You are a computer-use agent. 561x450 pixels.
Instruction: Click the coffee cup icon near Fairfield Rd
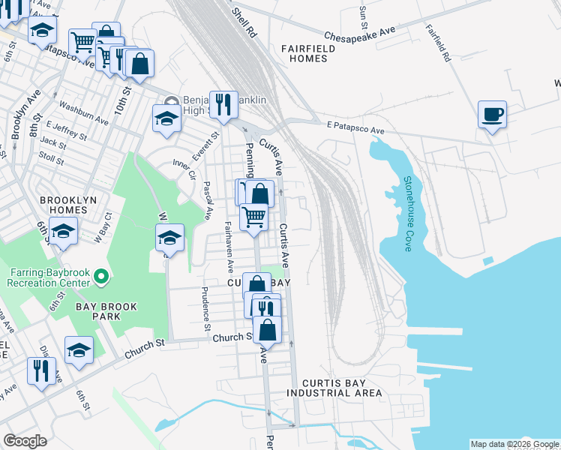pos(492,115)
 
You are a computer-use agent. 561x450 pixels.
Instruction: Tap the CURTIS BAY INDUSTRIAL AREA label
pos(334,388)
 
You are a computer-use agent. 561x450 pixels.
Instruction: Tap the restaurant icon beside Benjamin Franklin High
pos(223,105)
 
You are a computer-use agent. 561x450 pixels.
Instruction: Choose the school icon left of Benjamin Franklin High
pos(166,118)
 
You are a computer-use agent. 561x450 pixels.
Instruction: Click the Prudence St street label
pos(205,308)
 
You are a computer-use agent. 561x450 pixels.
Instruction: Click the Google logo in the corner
pos(25,441)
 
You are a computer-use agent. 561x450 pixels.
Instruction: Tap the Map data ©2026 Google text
pos(514,444)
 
